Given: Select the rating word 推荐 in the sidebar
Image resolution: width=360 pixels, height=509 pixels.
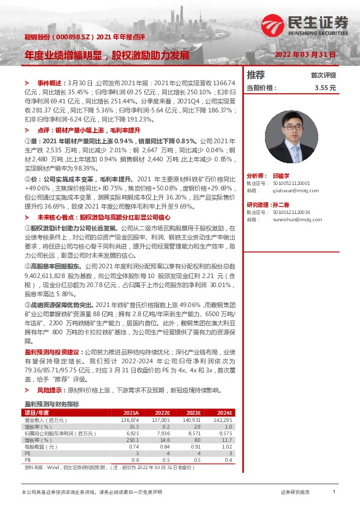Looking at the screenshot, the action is (x=256, y=75).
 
